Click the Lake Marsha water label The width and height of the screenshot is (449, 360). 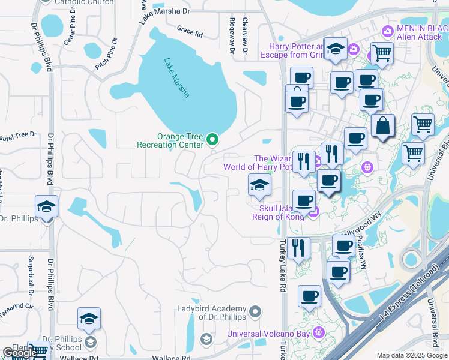pyautogui.click(x=177, y=77)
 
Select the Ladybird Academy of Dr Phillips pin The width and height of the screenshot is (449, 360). pyautogui.click(x=256, y=311)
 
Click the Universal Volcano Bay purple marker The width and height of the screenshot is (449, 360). pyautogui.click(x=321, y=331)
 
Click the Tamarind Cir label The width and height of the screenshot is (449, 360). pyautogui.click(x=18, y=305)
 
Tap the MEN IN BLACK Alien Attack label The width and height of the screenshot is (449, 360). pyautogui.click(x=416, y=32)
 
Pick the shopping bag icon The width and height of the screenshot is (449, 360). pyautogui.click(x=382, y=127)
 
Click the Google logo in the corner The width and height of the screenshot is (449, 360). pyautogui.click(x=20, y=353)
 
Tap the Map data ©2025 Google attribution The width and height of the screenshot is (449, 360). pyautogui.click(x=411, y=355)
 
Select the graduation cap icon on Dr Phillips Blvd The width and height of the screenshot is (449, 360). pyautogui.click(x=46, y=207)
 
